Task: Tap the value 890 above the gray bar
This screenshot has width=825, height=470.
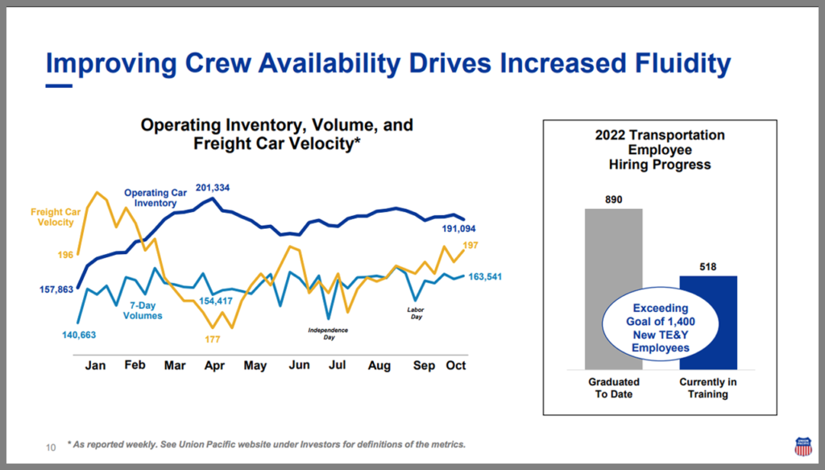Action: (x=614, y=199)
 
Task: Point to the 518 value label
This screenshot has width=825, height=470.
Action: (x=708, y=266)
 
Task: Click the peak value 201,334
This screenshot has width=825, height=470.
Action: (x=213, y=188)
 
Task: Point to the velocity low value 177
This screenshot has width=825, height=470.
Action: (x=213, y=339)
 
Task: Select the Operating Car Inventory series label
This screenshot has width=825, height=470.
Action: (x=155, y=198)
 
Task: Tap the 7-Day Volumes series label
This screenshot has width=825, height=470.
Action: (x=143, y=310)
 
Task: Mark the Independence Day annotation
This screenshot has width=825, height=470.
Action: (x=329, y=334)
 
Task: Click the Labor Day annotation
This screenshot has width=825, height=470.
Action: (x=415, y=313)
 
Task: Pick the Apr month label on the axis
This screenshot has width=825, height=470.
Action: (x=214, y=365)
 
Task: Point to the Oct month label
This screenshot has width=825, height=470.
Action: (x=456, y=365)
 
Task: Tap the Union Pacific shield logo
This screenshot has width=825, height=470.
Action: (x=803, y=446)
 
